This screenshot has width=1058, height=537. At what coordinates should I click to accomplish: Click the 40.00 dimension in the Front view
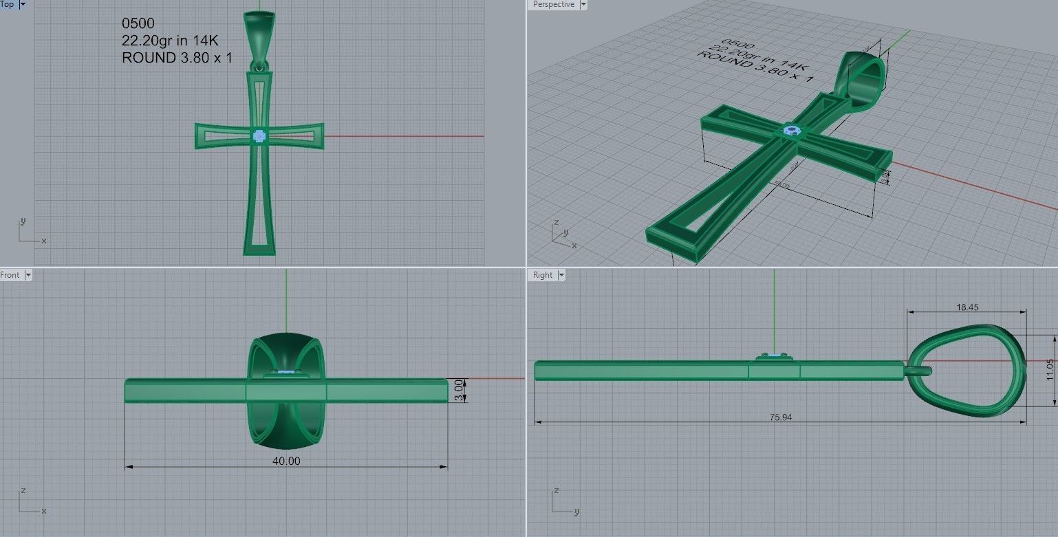tap(286, 461)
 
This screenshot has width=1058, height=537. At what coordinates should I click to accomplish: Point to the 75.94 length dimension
tap(780, 417)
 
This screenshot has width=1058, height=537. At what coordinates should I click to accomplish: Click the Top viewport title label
tap(7, 4)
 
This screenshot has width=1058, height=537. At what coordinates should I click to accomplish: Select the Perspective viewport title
tap(553, 4)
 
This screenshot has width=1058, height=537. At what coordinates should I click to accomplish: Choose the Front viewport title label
tap(10, 275)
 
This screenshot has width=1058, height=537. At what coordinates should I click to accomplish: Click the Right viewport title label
tap(543, 275)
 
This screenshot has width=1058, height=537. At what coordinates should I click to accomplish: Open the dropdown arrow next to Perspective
tap(583, 4)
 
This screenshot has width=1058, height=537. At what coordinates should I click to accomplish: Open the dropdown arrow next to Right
tap(561, 275)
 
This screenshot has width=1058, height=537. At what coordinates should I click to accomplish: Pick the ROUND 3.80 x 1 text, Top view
tap(177, 58)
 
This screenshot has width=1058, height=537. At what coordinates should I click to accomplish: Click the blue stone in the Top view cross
tap(259, 136)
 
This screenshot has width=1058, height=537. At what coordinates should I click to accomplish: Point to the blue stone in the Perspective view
tap(791, 129)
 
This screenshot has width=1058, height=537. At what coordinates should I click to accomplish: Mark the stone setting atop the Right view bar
tap(774, 356)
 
